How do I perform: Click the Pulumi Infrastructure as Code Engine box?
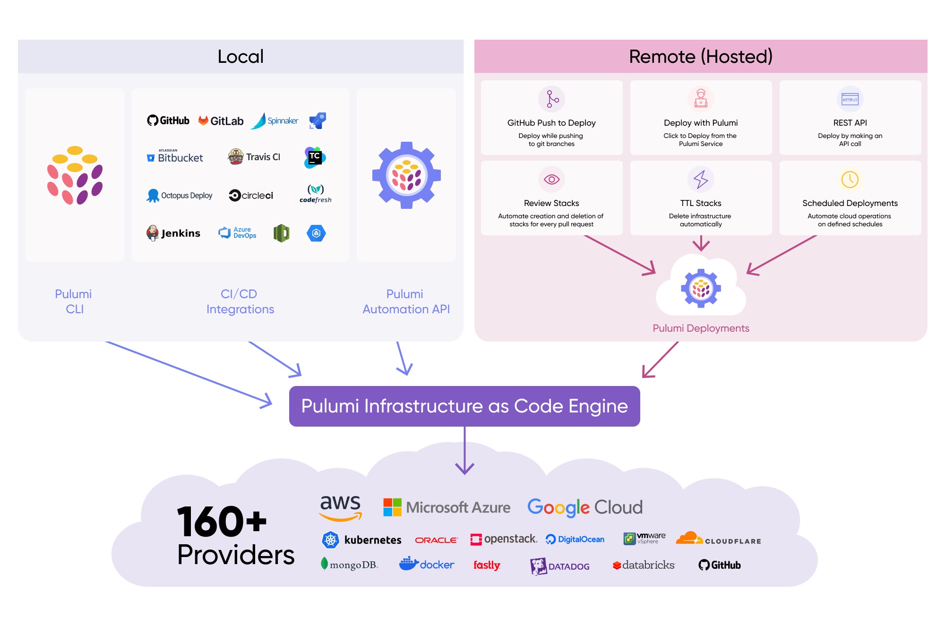[464, 406]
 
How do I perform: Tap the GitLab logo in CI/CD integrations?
[221, 121]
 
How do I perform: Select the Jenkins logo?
[173, 233]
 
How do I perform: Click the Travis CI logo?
[254, 157]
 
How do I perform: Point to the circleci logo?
[251, 195]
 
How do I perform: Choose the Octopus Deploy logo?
[180, 196]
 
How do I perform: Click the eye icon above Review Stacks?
[551, 180]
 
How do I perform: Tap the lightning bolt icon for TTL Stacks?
[701, 180]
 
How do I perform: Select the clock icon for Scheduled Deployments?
[850, 180]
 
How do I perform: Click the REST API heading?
[850, 123]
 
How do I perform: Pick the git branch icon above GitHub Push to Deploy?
[551, 99]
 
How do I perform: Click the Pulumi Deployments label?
[701, 328]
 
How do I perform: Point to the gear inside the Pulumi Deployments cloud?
[701, 288]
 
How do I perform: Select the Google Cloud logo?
[585, 507]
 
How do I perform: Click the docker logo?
[427, 564]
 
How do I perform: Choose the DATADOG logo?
[560, 566]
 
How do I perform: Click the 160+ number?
[222, 522]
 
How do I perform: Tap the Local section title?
[241, 57]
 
